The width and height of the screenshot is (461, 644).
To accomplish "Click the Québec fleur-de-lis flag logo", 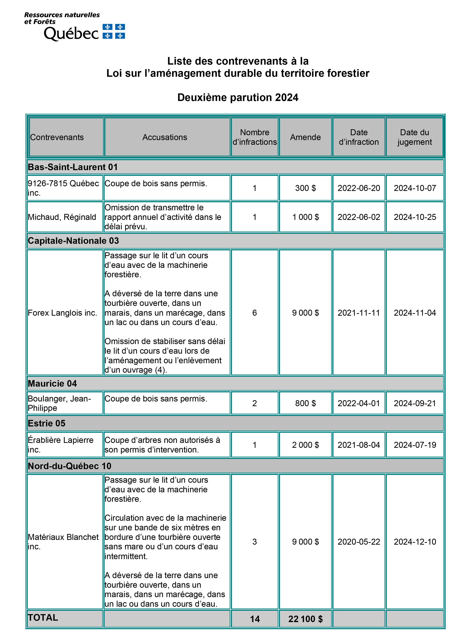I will pos(114,31).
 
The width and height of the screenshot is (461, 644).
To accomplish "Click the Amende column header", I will pos(305,137).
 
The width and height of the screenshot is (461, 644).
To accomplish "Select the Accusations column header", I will pos(165,137).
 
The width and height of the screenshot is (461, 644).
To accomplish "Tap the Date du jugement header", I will pos(415,137).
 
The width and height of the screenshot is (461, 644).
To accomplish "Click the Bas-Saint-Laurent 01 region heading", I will pos(73,167).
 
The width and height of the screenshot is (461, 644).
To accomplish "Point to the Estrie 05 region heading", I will pos(46,423).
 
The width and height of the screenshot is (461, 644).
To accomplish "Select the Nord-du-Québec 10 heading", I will pos(69,466).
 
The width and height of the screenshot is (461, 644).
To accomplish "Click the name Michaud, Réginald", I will pos(62,217).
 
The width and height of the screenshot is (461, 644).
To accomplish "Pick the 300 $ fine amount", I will pos(305,188).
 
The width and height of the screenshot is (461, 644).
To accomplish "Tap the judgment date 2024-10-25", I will pos(415,217).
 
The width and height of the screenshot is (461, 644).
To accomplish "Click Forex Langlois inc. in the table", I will pos(62,313).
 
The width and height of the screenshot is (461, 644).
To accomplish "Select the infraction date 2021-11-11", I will pos(359,313).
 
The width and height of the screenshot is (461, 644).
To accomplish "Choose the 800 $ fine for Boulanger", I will pos(305,403).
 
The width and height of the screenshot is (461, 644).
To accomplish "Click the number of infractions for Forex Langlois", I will pos(255,313).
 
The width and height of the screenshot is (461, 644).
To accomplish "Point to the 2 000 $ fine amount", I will pos(305,445).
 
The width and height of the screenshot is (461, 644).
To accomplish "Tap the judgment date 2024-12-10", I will pos(415,542).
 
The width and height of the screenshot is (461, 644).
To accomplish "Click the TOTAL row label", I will pos(43,618).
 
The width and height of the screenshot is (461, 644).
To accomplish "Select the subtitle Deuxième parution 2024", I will pos(238,97).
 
